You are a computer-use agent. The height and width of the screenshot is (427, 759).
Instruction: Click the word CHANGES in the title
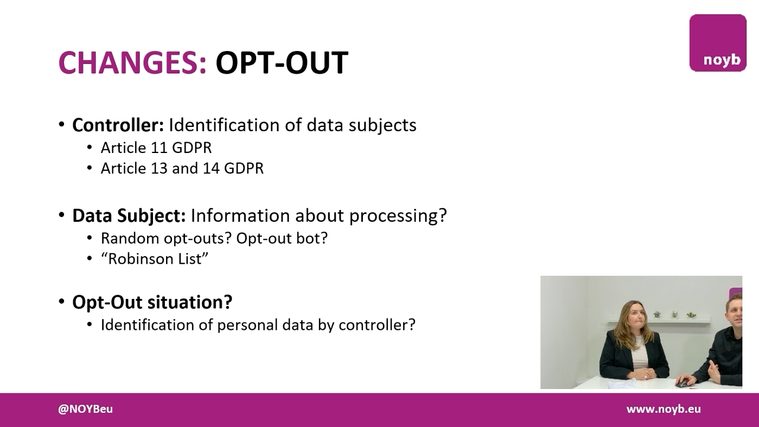[132, 62]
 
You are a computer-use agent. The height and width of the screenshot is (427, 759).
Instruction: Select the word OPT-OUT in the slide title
[281, 62]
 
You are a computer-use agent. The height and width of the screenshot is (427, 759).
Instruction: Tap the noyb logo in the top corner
[717, 43]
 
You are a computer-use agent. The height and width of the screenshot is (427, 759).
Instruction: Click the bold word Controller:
[117, 125]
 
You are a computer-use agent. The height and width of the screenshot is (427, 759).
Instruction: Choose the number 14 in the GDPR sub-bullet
[211, 168]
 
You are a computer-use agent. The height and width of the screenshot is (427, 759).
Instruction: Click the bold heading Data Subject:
[129, 215]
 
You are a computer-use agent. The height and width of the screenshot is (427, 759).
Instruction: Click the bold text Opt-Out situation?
[152, 302]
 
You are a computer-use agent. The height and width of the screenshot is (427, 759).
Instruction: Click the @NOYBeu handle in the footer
[85, 409]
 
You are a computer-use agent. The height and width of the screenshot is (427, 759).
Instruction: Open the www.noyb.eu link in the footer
[664, 409]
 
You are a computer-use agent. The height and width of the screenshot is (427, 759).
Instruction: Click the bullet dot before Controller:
[62, 125]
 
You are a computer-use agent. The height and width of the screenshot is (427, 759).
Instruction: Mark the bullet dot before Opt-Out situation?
[62, 302]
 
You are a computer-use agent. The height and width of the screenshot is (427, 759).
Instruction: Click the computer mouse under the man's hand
[684, 383]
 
